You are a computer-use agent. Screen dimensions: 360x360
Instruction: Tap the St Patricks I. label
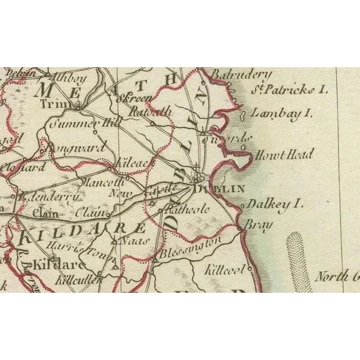click(290, 90)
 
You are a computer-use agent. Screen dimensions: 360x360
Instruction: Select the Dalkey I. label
click(275, 204)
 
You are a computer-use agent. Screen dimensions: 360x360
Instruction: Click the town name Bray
click(259, 225)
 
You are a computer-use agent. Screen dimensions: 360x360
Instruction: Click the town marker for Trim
click(79, 107)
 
